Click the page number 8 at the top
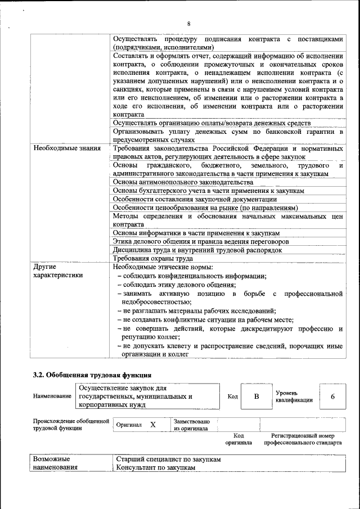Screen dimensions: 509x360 click(189, 24)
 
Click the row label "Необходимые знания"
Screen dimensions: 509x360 click(67, 148)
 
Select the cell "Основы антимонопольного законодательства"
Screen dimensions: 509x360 click(183, 182)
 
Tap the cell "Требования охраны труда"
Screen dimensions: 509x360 click(153, 258)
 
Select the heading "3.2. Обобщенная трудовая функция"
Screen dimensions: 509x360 click(92, 375)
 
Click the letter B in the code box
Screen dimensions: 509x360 click(256, 397)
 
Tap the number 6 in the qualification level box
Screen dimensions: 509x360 click(332, 397)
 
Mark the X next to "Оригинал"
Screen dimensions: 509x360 click(152, 425)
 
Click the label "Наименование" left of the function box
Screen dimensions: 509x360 click(52, 397)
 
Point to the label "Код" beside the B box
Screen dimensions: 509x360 click(232, 397)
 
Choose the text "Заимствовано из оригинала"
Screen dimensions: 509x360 click(191, 425)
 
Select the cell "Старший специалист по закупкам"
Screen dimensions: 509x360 click(168, 460)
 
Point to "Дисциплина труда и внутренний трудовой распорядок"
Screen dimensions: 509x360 click(197, 250)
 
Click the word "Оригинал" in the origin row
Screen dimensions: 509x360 click(129, 425)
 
